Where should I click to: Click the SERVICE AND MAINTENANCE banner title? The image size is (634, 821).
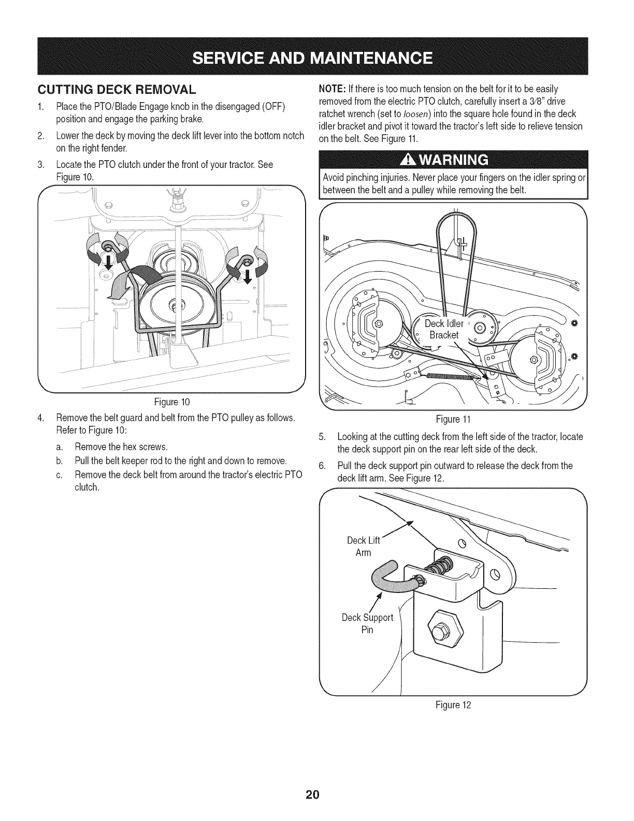pos(316,56)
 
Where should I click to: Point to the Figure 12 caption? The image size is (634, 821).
pos(454,705)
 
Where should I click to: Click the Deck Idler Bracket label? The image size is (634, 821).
pos(444,329)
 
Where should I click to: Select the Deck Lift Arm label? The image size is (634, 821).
pos(363,546)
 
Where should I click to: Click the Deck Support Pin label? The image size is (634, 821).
pos(367,624)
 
